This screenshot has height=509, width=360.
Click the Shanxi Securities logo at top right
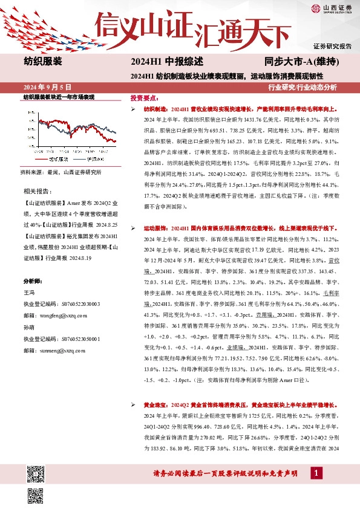(331, 8)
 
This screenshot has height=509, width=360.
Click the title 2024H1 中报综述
(166, 61)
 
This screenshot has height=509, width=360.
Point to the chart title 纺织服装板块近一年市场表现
(59, 97)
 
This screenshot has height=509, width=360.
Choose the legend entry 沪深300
(95, 159)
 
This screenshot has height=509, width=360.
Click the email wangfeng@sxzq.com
(63, 315)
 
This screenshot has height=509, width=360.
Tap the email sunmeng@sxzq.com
(63, 350)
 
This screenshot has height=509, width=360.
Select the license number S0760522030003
(81, 303)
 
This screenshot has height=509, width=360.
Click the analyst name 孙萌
(29, 326)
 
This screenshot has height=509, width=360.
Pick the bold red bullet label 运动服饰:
(155, 229)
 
